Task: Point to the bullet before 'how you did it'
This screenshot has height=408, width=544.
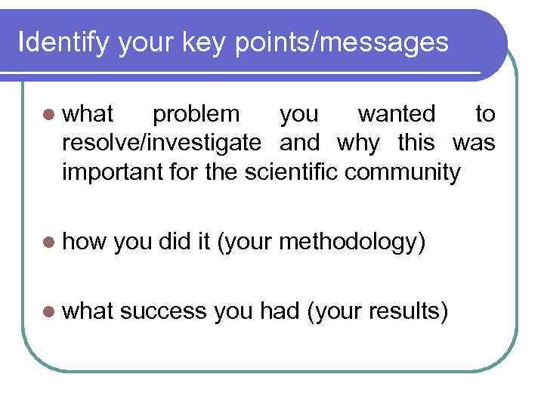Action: pos(49,242)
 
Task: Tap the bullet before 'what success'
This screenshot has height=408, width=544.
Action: pos(49,311)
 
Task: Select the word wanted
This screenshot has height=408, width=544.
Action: pos(397,115)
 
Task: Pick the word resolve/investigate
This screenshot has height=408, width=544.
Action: pos(162,144)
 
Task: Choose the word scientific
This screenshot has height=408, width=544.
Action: pos(293,172)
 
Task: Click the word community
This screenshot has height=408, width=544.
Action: pos(402,172)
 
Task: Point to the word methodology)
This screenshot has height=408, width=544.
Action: pos(352,242)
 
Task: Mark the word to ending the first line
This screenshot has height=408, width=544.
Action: pos(484,115)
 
